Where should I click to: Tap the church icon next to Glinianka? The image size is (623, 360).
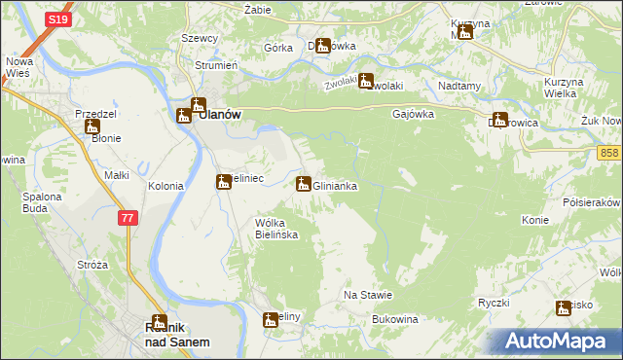pos(304,183)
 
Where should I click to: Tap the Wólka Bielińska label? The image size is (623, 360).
pos(275,229)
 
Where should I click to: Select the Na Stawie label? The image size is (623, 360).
pos(368,295)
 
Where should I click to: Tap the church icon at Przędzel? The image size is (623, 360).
pos(92,126)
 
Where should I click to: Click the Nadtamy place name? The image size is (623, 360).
pos(460,86)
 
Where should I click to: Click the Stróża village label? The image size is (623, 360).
pos(92,265)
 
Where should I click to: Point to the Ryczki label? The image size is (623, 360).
pos(494,303)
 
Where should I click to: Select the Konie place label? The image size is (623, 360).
pos(535,220)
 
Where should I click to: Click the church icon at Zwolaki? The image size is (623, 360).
pos(366,81)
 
